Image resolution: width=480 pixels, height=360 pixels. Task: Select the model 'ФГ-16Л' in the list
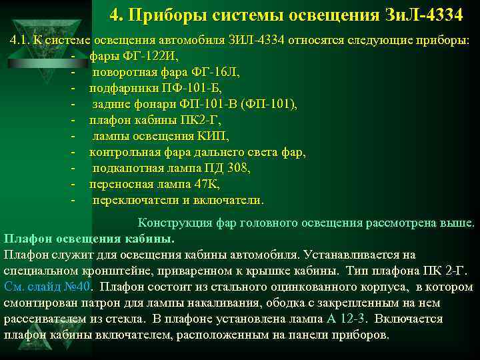pos(217,71)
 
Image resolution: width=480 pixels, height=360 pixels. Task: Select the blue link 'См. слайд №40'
pos(47,287)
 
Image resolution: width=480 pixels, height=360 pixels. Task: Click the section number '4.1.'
pos(20,39)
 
